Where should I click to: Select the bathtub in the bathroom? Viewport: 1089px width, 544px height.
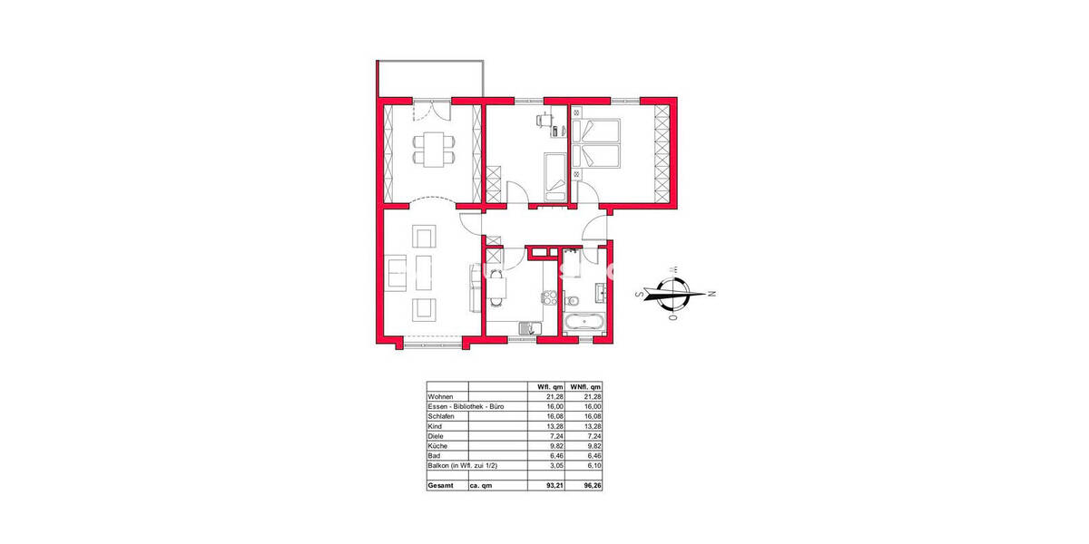[586, 324]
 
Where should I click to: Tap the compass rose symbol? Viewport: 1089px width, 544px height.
[673, 294]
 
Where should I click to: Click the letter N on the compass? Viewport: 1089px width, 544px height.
[712, 294]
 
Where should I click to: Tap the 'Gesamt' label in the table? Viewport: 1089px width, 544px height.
[442, 487]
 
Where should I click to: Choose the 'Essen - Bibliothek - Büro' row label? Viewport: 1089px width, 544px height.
[465, 407]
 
